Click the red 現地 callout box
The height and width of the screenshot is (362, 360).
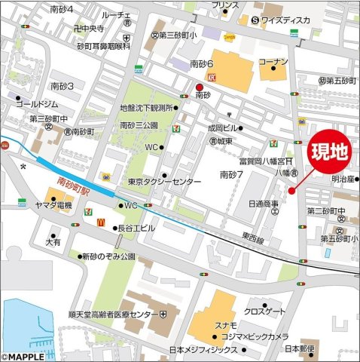click(x=330, y=153)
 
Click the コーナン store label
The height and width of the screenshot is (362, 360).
click(x=273, y=61)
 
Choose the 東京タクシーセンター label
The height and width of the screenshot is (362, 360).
click(x=164, y=182)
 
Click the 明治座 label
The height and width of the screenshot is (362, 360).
click(x=343, y=179)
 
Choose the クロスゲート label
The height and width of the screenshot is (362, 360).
click(x=264, y=311)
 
